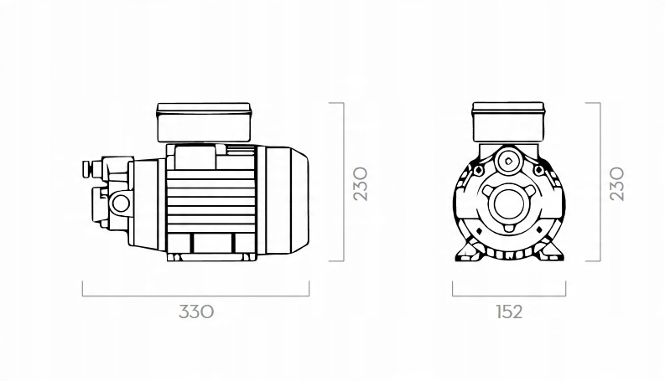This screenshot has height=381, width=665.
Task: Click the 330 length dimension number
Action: [196, 311]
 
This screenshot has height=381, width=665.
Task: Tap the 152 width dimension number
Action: [509, 311]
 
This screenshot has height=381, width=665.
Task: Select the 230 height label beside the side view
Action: [361, 183]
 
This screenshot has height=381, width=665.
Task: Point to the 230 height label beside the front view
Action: [616, 183]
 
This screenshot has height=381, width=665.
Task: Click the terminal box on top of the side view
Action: [204, 122]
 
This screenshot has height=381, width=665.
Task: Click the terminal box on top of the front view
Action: [508, 121]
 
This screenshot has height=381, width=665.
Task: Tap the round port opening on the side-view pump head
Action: [121, 203]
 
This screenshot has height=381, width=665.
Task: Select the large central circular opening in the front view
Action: [509, 204]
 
